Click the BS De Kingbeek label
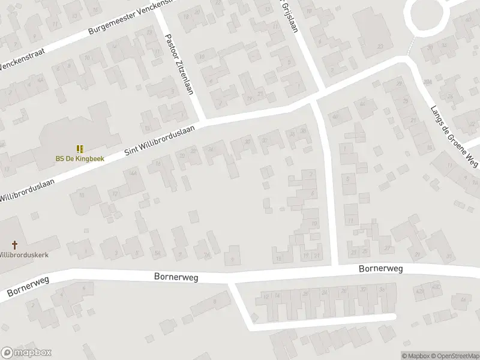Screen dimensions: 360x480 click(x=80, y=159)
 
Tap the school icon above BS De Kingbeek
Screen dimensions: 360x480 click(x=80, y=148)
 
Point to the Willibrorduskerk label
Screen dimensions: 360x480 click(x=24, y=254)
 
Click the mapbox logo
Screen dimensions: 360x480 click(x=26, y=353)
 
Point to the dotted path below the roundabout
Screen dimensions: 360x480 click(x=411, y=45)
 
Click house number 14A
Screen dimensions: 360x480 click(x=133, y=173)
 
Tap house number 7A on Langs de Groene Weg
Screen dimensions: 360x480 click(x=427, y=82)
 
